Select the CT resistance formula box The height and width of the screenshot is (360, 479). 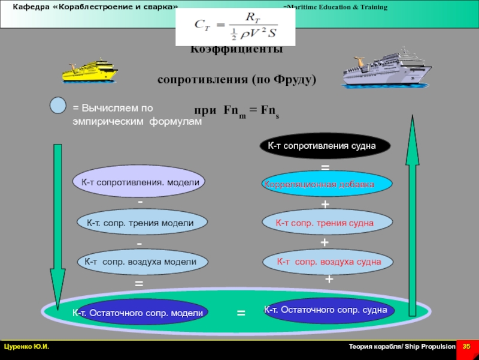pyautogui.click(x=235, y=28)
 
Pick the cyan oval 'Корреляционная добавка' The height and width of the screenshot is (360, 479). pyautogui.click(x=328, y=185)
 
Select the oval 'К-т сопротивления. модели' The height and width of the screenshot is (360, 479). pyautogui.click(x=139, y=181)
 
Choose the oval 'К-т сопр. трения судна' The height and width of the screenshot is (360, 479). pyautogui.click(x=328, y=223)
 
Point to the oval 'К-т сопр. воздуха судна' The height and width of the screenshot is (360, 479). pyautogui.click(x=328, y=262)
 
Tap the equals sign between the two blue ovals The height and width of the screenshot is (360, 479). pyautogui.click(x=241, y=313)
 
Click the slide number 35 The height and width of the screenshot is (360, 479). pyautogui.click(x=466, y=347)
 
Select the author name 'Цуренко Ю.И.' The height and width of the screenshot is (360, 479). pyautogui.click(x=27, y=347)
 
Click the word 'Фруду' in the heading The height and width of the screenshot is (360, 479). pyautogui.click(x=293, y=80)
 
